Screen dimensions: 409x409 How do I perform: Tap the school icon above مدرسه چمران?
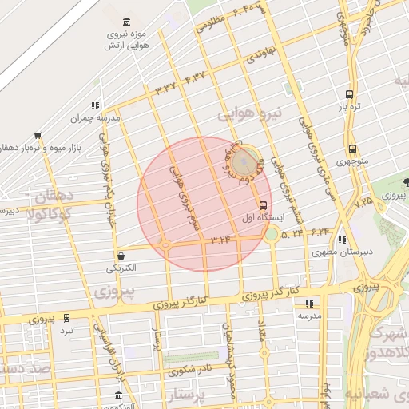tap(96, 105)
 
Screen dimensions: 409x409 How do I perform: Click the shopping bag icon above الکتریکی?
tap(121, 256)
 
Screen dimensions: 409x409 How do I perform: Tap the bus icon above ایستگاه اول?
tap(264, 204)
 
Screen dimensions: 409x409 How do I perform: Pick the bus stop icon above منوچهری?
tap(352, 149)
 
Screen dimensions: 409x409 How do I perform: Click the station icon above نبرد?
tap(66, 317)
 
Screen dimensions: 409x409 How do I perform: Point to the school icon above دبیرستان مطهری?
tap(343, 240)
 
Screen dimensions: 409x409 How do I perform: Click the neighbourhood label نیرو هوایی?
tap(246, 115)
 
